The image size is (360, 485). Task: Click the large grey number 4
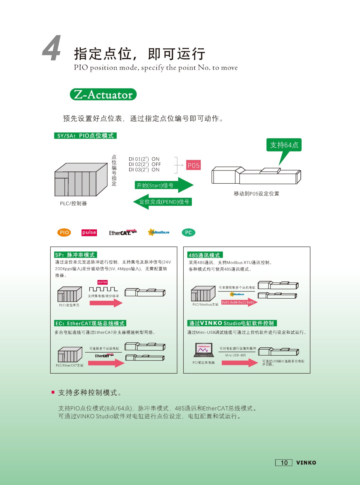[x=52, y=48]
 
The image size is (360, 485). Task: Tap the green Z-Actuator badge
[x=103, y=95]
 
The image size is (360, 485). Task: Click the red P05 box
[x=193, y=165]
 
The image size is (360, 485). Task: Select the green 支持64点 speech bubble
[x=284, y=145]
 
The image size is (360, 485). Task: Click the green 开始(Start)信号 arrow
[x=164, y=185]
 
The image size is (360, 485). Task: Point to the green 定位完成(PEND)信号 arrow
[x=163, y=202]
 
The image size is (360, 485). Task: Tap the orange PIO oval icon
[x=64, y=232]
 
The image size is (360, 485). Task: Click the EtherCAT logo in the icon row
[x=123, y=232]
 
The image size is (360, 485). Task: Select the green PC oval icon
[x=188, y=232]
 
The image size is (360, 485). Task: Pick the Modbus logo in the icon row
[x=158, y=232]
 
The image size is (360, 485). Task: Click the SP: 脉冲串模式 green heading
[x=75, y=255]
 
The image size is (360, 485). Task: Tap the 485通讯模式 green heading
[x=205, y=255]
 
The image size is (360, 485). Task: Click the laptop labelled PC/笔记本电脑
[x=203, y=350]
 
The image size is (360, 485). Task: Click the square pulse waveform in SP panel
[x=103, y=289]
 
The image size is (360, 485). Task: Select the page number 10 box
[x=284, y=462]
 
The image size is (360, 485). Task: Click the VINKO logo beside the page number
[x=306, y=463]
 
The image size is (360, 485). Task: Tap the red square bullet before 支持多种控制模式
[x=53, y=392]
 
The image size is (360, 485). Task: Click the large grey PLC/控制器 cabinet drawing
[x=81, y=179]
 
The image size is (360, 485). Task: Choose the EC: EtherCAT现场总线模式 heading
[x=90, y=323]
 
